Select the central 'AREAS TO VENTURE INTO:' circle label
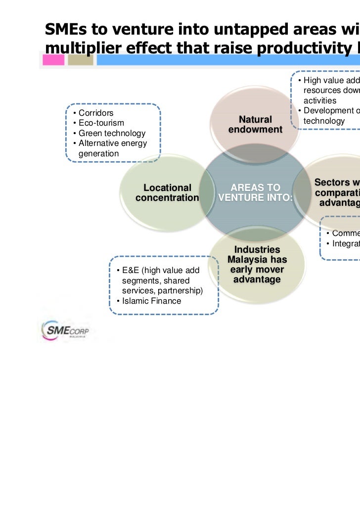[255, 193]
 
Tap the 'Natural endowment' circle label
[255, 124]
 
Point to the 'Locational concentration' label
[167, 193]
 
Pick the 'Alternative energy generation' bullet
[112, 148]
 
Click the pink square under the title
[53, 60]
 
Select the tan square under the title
[80, 60]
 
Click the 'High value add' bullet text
[328, 81]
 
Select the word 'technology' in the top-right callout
[324, 121]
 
